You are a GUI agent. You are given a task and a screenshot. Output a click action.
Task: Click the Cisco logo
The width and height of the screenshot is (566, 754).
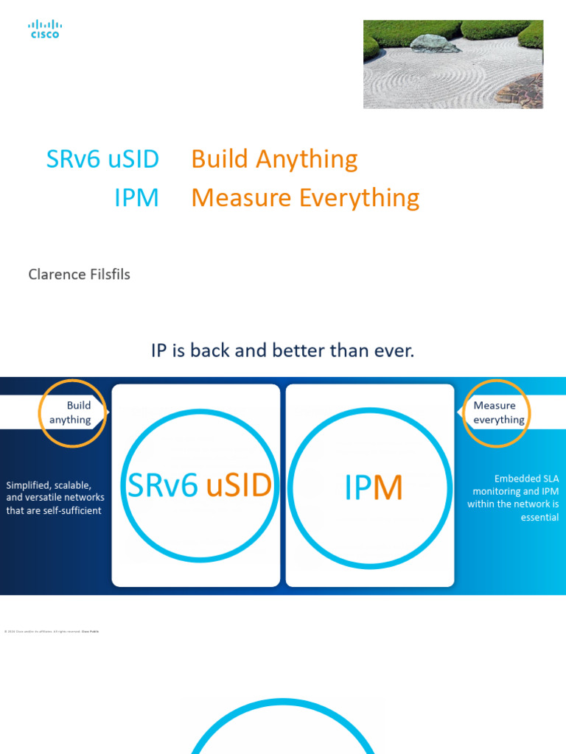coord(45,29)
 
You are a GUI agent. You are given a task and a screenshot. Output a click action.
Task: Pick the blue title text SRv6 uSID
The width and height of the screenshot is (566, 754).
coord(102,159)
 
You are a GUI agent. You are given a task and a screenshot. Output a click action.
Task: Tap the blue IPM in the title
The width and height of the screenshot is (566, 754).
coord(136,197)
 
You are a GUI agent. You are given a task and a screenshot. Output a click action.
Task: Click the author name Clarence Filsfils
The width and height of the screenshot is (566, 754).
coord(79,275)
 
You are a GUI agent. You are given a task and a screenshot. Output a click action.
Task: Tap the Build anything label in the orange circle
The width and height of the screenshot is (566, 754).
coord(71,412)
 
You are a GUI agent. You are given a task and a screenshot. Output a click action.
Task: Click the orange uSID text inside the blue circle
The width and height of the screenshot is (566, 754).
coord(238,486)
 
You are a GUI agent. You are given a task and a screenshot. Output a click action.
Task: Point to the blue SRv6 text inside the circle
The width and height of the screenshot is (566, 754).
coord(163,486)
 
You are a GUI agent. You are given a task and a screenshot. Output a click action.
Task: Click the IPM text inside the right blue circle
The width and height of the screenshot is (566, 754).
coord(373,488)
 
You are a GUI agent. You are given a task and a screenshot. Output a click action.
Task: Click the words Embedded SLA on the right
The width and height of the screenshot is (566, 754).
coord(526,479)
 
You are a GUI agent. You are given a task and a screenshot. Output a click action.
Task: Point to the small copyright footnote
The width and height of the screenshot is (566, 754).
coord(52,631)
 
